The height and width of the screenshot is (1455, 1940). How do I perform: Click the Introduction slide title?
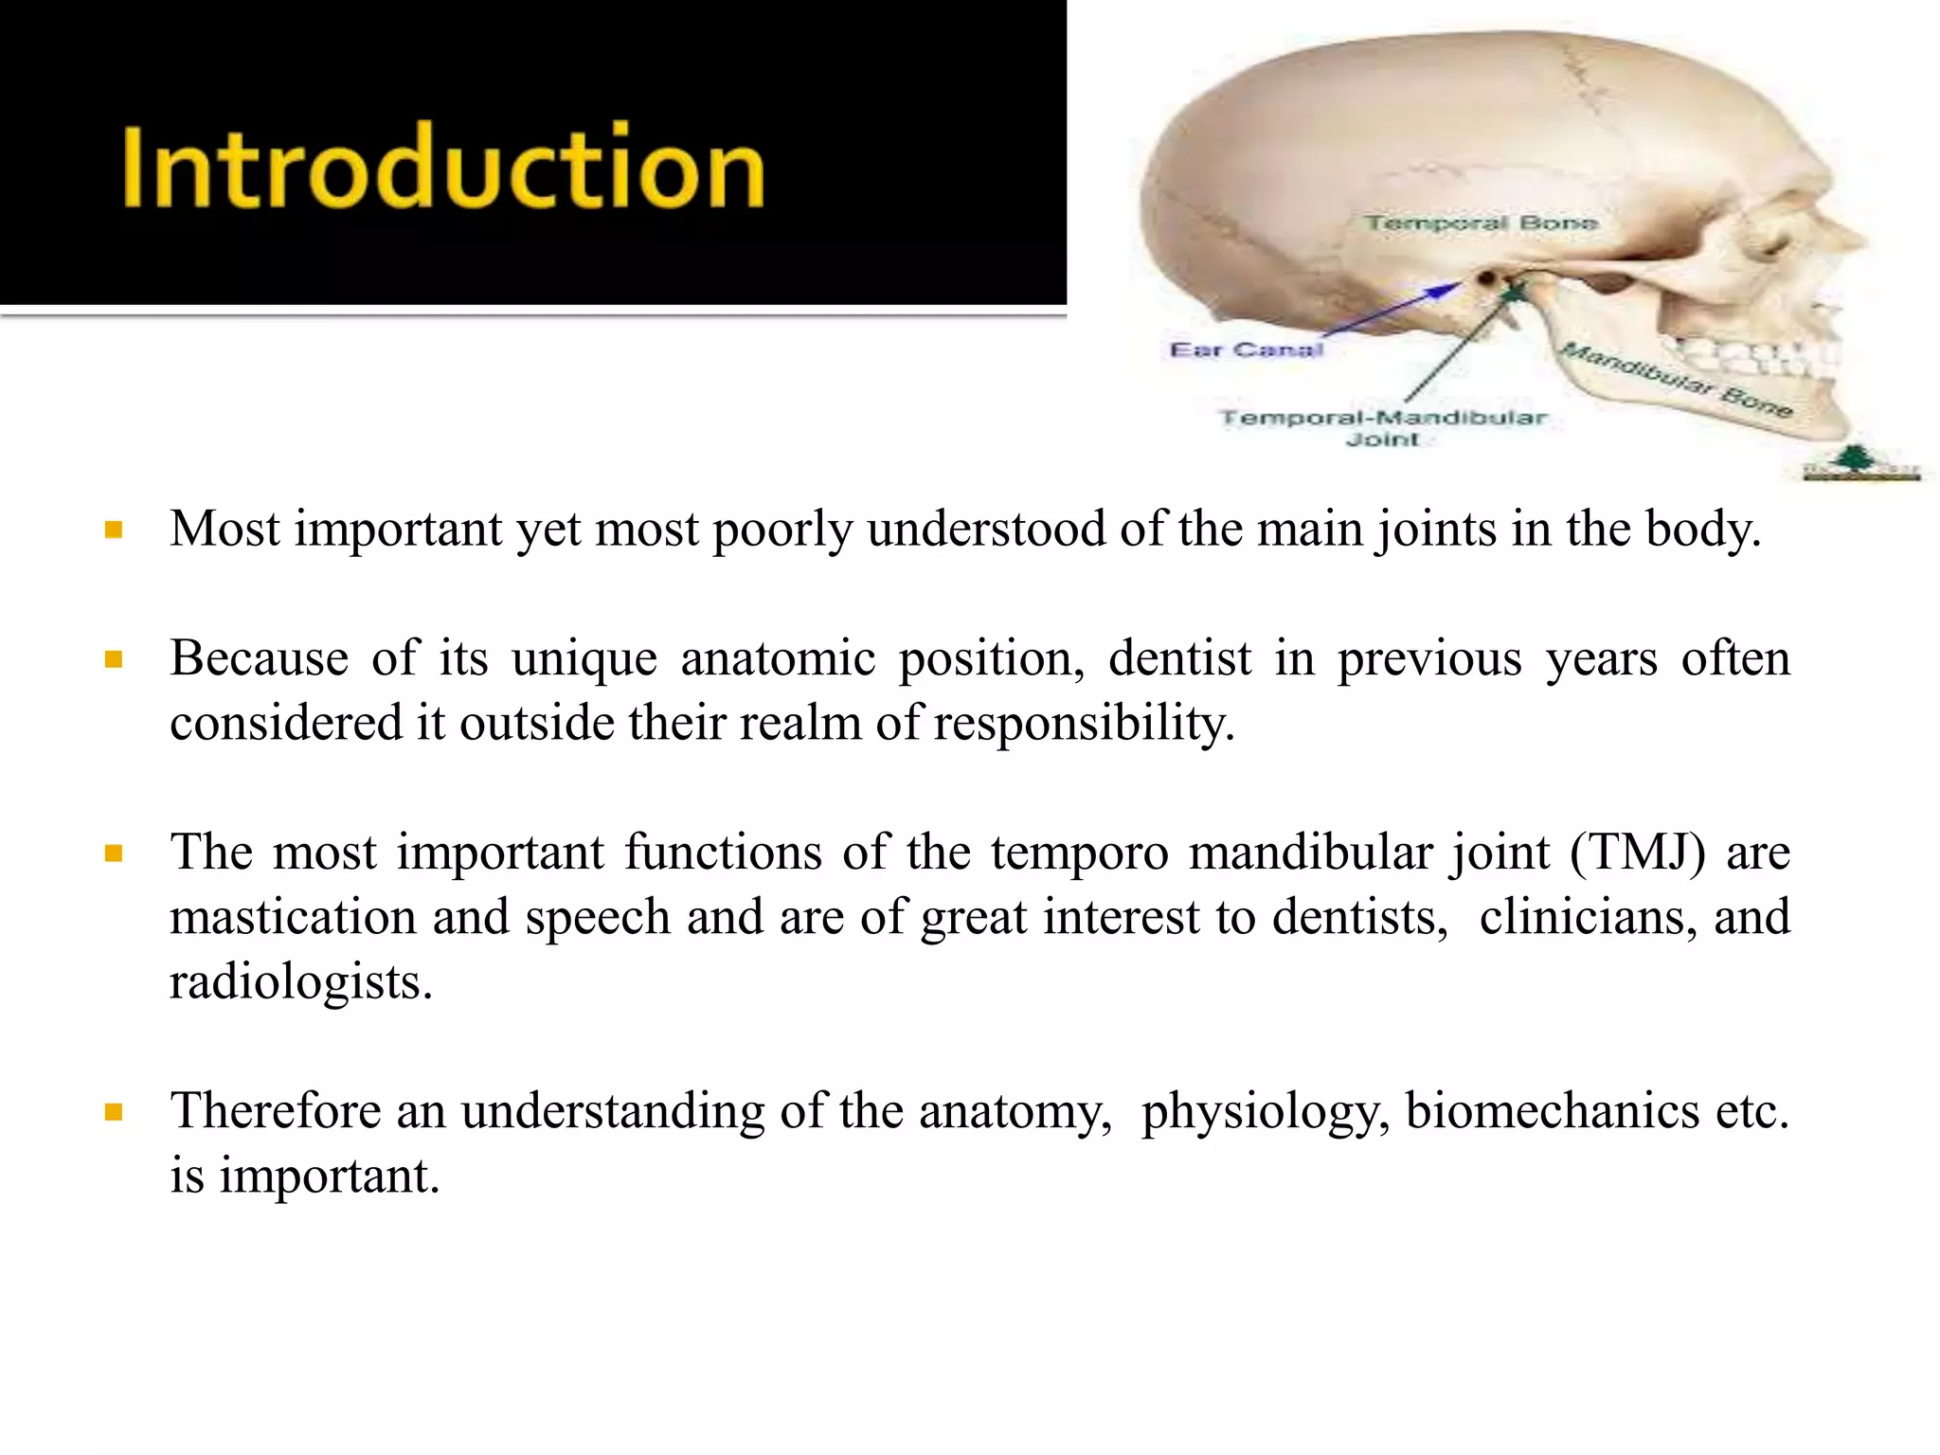[x=442, y=167]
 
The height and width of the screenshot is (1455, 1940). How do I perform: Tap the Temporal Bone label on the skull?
[x=1481, y=224]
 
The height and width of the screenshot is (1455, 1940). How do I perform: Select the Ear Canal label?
[x=1245, y=350]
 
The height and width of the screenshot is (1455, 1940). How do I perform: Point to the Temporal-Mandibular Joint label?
[x=1383, y=427]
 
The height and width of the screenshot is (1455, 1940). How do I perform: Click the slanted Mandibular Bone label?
[x=1677, y=380]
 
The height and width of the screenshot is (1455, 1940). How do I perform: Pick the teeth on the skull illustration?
[x=1752, y=358]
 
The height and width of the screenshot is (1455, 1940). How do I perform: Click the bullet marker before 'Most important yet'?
[x=115, y=530]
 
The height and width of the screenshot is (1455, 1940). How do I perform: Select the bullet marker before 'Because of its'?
[x=115, y=659]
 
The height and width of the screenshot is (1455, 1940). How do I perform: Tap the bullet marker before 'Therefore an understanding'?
[x=115, y=1112]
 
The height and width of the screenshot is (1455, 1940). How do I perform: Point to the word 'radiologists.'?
[x=300, y=981]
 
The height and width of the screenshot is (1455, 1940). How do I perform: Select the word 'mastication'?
[x=293, y=917]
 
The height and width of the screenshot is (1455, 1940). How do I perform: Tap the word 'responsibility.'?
[x=1084, y=723]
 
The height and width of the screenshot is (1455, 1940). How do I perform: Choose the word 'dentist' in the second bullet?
[x=1179, y=657]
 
